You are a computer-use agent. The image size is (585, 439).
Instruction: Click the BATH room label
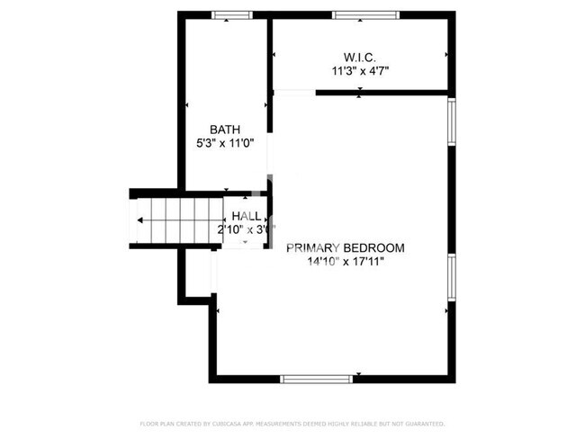(x=225, y=129)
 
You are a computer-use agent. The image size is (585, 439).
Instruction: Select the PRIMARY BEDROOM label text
(x=345, y=247)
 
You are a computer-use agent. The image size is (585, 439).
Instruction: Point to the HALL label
(x=247, y=217)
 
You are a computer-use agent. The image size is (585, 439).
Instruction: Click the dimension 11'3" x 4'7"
(x=360, y=69)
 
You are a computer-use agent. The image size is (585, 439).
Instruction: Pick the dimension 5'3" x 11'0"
(x=225, y=143)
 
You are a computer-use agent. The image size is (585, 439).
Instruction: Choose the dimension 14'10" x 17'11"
(x=345, y=263)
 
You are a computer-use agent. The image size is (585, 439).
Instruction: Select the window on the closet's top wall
(x=364, y=14)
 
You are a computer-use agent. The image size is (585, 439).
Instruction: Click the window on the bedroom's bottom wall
(x=317, y=379)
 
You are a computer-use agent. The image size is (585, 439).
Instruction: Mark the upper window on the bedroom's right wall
(x=452, y=121)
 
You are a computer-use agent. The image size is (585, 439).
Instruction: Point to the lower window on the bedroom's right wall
(x=452, y=276)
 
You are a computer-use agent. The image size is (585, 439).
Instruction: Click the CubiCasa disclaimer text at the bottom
(x=292, y=423)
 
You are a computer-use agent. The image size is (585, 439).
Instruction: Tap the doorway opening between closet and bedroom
(x=294, y=92)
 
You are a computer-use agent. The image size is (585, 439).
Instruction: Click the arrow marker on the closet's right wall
(x=445, y=55)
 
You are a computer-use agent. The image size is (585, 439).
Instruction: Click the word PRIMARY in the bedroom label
(x=311, y=247)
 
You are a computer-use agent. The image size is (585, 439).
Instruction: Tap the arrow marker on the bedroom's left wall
(x=217, y=310)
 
